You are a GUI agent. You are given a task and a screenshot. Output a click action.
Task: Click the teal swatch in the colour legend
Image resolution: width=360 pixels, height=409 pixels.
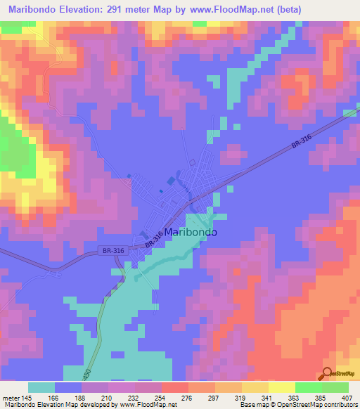42,387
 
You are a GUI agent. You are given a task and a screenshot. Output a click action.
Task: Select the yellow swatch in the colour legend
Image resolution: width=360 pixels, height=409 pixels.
282,387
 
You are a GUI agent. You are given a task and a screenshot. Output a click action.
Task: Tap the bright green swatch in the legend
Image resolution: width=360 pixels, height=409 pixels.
308,387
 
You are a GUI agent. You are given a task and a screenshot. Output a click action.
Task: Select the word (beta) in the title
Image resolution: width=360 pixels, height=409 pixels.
333,10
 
